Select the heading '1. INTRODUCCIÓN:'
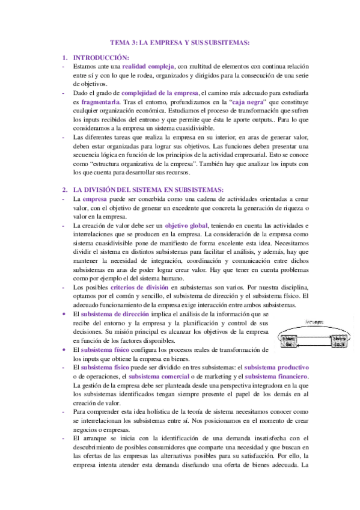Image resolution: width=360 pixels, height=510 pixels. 97,57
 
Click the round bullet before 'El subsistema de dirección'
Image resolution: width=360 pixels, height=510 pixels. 65,315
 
